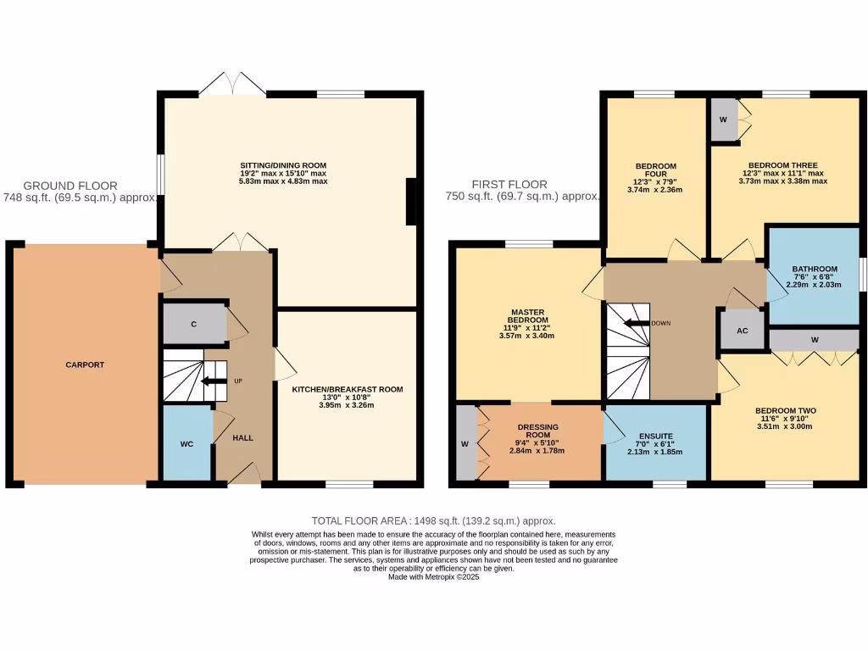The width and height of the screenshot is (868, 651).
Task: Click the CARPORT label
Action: click(85, 364)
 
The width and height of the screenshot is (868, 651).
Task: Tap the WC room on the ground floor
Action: click(186, 443)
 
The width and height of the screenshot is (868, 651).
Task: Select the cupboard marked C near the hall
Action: click(194, 324)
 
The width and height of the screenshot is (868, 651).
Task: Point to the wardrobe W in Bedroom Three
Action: click(723, 119)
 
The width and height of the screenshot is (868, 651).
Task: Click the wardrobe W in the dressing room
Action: click(465, 442)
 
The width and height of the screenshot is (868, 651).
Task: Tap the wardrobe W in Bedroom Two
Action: click(814, 340)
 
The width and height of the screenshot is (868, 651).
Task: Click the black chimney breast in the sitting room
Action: click(412, 202)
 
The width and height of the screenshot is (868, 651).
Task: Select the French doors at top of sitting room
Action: click(232, 85)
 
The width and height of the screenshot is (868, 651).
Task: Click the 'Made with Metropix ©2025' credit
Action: click(433, 576)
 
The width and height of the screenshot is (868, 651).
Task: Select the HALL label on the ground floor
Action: click(243, 437)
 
